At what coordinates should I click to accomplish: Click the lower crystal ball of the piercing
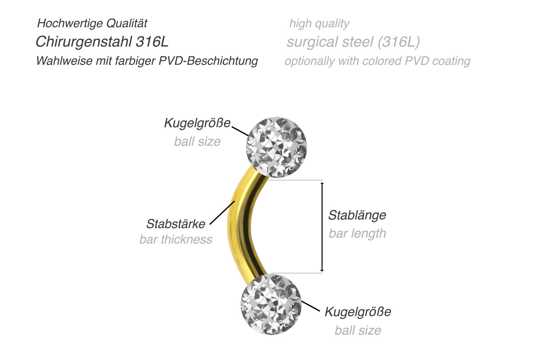[271, 304]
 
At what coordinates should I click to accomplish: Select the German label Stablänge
[357, 215]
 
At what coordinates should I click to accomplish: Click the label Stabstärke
[176, 224]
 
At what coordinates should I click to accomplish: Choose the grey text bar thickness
[176, 239]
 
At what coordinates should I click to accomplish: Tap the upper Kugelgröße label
[197, 123]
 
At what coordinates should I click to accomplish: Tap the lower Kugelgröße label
[358, 311]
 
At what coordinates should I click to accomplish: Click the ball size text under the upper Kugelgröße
[197, 141]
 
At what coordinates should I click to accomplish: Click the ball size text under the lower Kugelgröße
[358, 330]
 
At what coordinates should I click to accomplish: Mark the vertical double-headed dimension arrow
[322, 227]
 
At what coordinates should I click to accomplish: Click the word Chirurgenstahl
[84, 42]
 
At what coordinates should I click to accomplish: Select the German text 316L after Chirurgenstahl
[152, 42]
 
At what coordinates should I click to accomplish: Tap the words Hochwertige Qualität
[92, 23]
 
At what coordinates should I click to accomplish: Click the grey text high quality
[319, 24]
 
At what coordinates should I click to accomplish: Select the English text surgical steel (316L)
[353, 42]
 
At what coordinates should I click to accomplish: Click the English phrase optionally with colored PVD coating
[377, 61]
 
